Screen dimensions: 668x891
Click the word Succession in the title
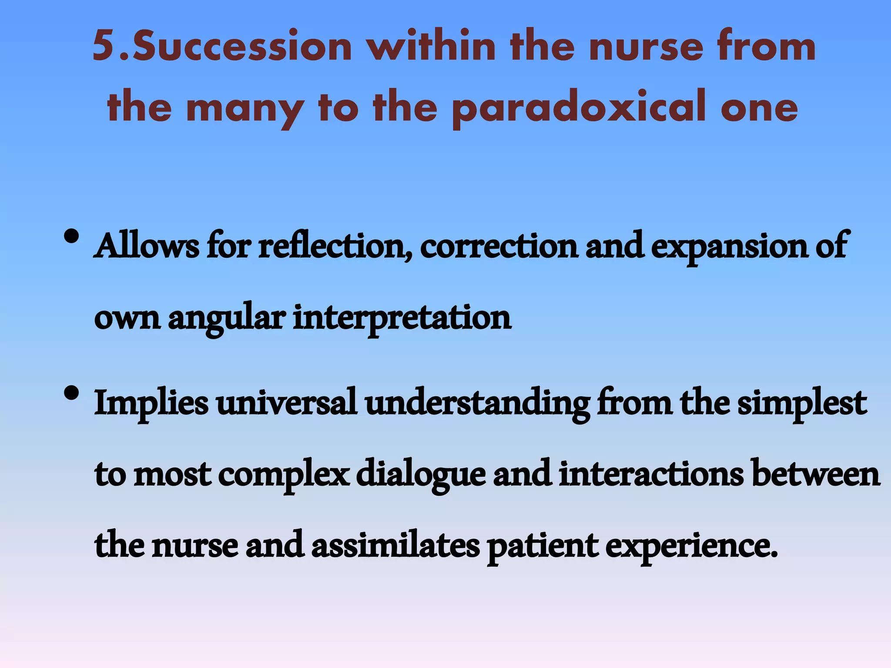coord(242,46)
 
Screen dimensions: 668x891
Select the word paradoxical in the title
coord(578,108)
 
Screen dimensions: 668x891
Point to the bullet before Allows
coord(71,237)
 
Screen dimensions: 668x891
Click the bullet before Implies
coord(71,394)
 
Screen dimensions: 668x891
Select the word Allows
coord(147,246)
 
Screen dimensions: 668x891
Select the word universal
coord(287,403)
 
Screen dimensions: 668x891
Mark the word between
coord(816,474)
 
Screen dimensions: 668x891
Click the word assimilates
coord(395,545)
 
